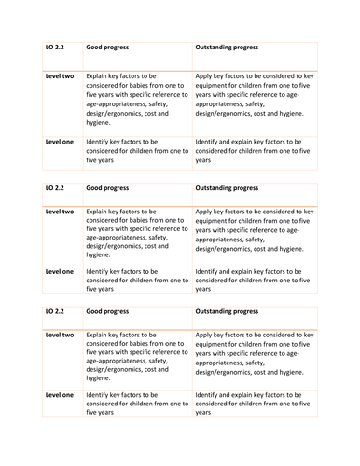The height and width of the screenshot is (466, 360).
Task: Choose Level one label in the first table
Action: pyautogui.click(x=60, y=142)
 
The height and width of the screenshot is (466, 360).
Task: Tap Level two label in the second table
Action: pyautogui.click(x=60, y=212)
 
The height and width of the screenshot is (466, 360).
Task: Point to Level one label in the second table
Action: pyautogui.click(x=60, y=272)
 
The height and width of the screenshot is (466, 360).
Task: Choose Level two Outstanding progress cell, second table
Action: pyautogui.click(x=255, y=230)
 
